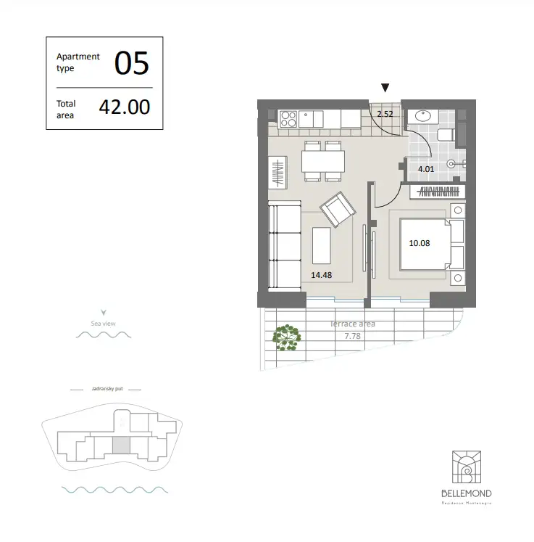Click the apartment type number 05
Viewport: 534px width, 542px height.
click(131, 64)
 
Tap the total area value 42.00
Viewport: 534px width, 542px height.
click(125, 107)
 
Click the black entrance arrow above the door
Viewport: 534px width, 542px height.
click(385, 88)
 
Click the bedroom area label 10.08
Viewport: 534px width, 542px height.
click(419, 243)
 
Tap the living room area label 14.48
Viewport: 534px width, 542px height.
click(322, 275)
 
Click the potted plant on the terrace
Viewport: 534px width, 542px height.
click(287, 337)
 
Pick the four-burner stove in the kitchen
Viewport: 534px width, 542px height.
click(288, 118)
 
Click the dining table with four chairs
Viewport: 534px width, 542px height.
click(323, 160)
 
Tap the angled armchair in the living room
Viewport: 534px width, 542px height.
click(338, 210)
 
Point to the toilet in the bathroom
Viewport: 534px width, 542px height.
click(447, 135)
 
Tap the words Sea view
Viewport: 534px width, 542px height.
click(104, 323)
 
